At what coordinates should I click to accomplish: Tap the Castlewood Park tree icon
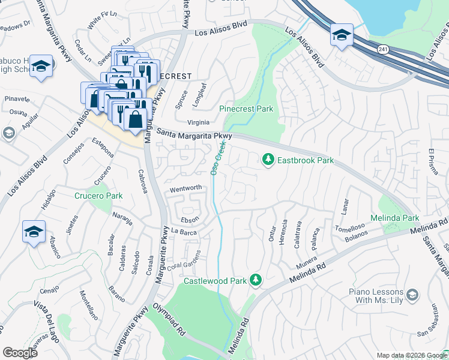pyautogui.click(x=256, y=280)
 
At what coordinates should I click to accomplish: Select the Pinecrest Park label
pyautogui.click(x=246, y=109)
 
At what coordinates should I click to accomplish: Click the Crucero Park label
pyautogui.click(x=98, y=196)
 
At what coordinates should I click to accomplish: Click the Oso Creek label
pyautogui.click(x=217, y=157)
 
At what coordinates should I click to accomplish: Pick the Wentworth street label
pyautogui.click(x=185, y=188)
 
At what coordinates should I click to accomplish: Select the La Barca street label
pyautogui.click(x=184, y=231)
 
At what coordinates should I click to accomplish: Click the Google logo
pyautogui.click(x=20, y=352)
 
